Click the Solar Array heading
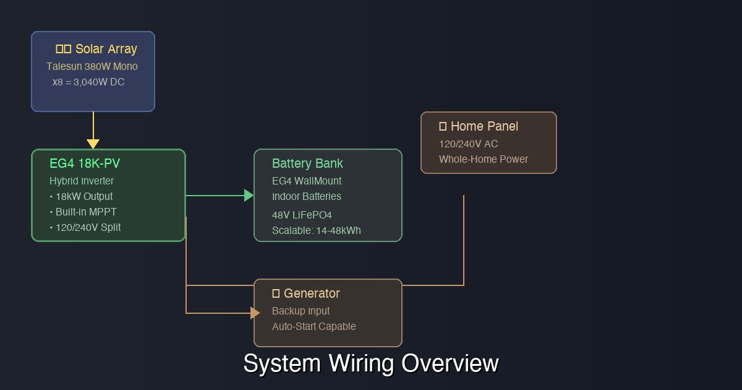pos(96,49)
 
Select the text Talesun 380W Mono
pos(92,66)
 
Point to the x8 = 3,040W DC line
pos(88,82)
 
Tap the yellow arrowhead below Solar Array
pos(93,144)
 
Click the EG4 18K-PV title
pos(85,163)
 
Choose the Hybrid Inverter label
pos(82,181)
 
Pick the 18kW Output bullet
pos(82,196)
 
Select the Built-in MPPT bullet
pos(83,212)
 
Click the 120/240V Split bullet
pos(85,227)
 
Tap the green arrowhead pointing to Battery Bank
pos(249,196)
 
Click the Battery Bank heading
pos(307,163)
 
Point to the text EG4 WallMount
pos(307,181)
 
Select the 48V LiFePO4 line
pos(302,215)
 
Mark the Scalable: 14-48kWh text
pos(316,230)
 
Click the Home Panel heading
pos(479,126)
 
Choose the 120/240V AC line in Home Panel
pos(468,144)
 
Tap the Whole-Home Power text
pos(484,159)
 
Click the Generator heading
pos(306,293)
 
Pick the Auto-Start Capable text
pos(313,326)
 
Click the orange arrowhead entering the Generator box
pos(255,313)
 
